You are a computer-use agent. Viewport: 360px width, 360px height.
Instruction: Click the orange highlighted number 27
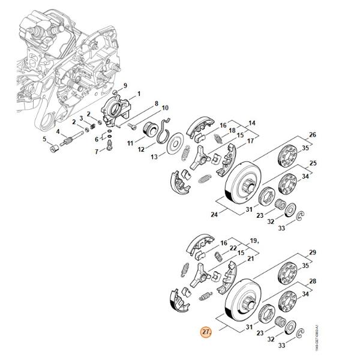pyautogui.click(x=206, y=332)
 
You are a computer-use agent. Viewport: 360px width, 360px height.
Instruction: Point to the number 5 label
pyautogui.click(x=44, y=140)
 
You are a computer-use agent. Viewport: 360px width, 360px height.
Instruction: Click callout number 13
pyautogui.click(x=154, y=157)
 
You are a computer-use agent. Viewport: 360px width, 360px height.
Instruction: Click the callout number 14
pyautogui.click(x=252, y=123)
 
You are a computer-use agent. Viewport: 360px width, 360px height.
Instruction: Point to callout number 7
pyautogui.click(x=96, y=151)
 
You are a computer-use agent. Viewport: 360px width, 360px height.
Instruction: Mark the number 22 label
pyautogui.click(x=232, y=248)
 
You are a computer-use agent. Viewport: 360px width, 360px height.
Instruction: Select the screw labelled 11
pyautogui.click(x=134, y=125)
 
